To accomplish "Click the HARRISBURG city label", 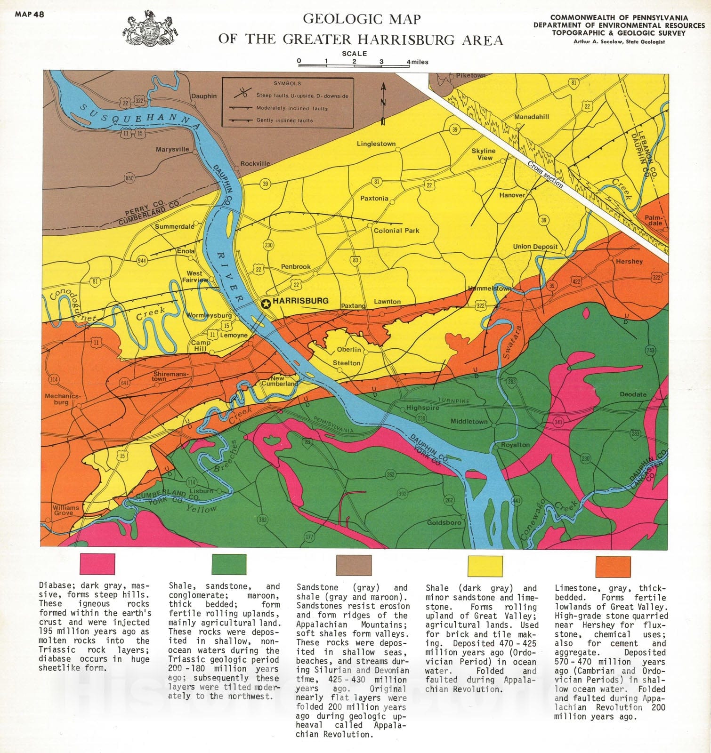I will click(300, 301).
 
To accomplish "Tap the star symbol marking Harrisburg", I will click(266, 304).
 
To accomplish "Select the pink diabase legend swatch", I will click(97, 564).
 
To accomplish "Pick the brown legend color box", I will click(354, 565).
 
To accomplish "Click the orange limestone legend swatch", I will click(613, 566).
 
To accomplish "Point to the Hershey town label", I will click(629, 261).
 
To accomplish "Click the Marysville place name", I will click(172, 149).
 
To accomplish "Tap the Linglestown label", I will click(376, 144).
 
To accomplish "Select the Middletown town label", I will click(469, 421).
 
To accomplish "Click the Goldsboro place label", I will click(444, 522).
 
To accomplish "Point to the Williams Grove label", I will click(66, 510).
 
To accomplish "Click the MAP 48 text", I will click(29, 14).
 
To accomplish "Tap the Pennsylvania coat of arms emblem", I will click(150, 29).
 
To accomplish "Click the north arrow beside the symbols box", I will click(383, 104).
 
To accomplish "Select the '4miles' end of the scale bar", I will click(418, 62).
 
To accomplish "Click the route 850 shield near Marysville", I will click(129, 178).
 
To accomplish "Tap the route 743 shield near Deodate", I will click(650, 350).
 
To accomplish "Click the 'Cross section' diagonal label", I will click(545, 174).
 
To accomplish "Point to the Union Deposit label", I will click(535, 246).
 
